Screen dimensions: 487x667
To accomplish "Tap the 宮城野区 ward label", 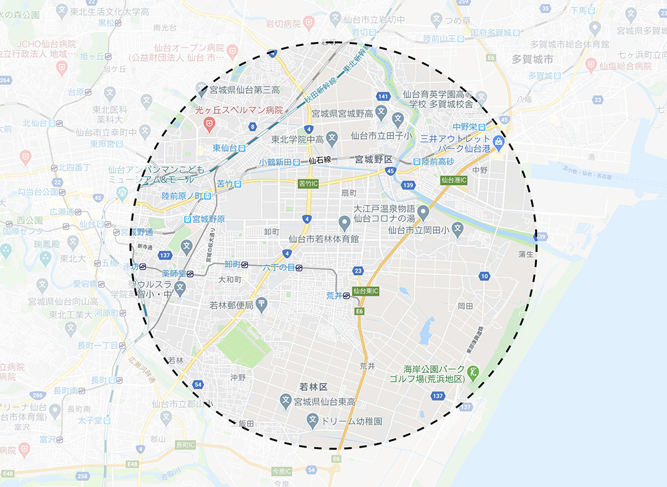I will point(374,160).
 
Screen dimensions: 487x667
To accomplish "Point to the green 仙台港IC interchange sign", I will point(454,180).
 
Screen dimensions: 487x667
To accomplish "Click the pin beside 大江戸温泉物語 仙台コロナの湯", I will point(422,217).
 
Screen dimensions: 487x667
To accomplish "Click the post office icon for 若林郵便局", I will point(261,305).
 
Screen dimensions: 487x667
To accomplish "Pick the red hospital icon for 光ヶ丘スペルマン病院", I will point(209,123).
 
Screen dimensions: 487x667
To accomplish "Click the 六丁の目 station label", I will point(279,268).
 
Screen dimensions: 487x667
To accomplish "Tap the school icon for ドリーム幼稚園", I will point(312,422).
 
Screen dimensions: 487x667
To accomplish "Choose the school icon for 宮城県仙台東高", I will point(285,402).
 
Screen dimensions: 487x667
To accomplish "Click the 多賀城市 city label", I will point(532,59).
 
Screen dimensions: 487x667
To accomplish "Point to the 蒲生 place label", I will point(526,254).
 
